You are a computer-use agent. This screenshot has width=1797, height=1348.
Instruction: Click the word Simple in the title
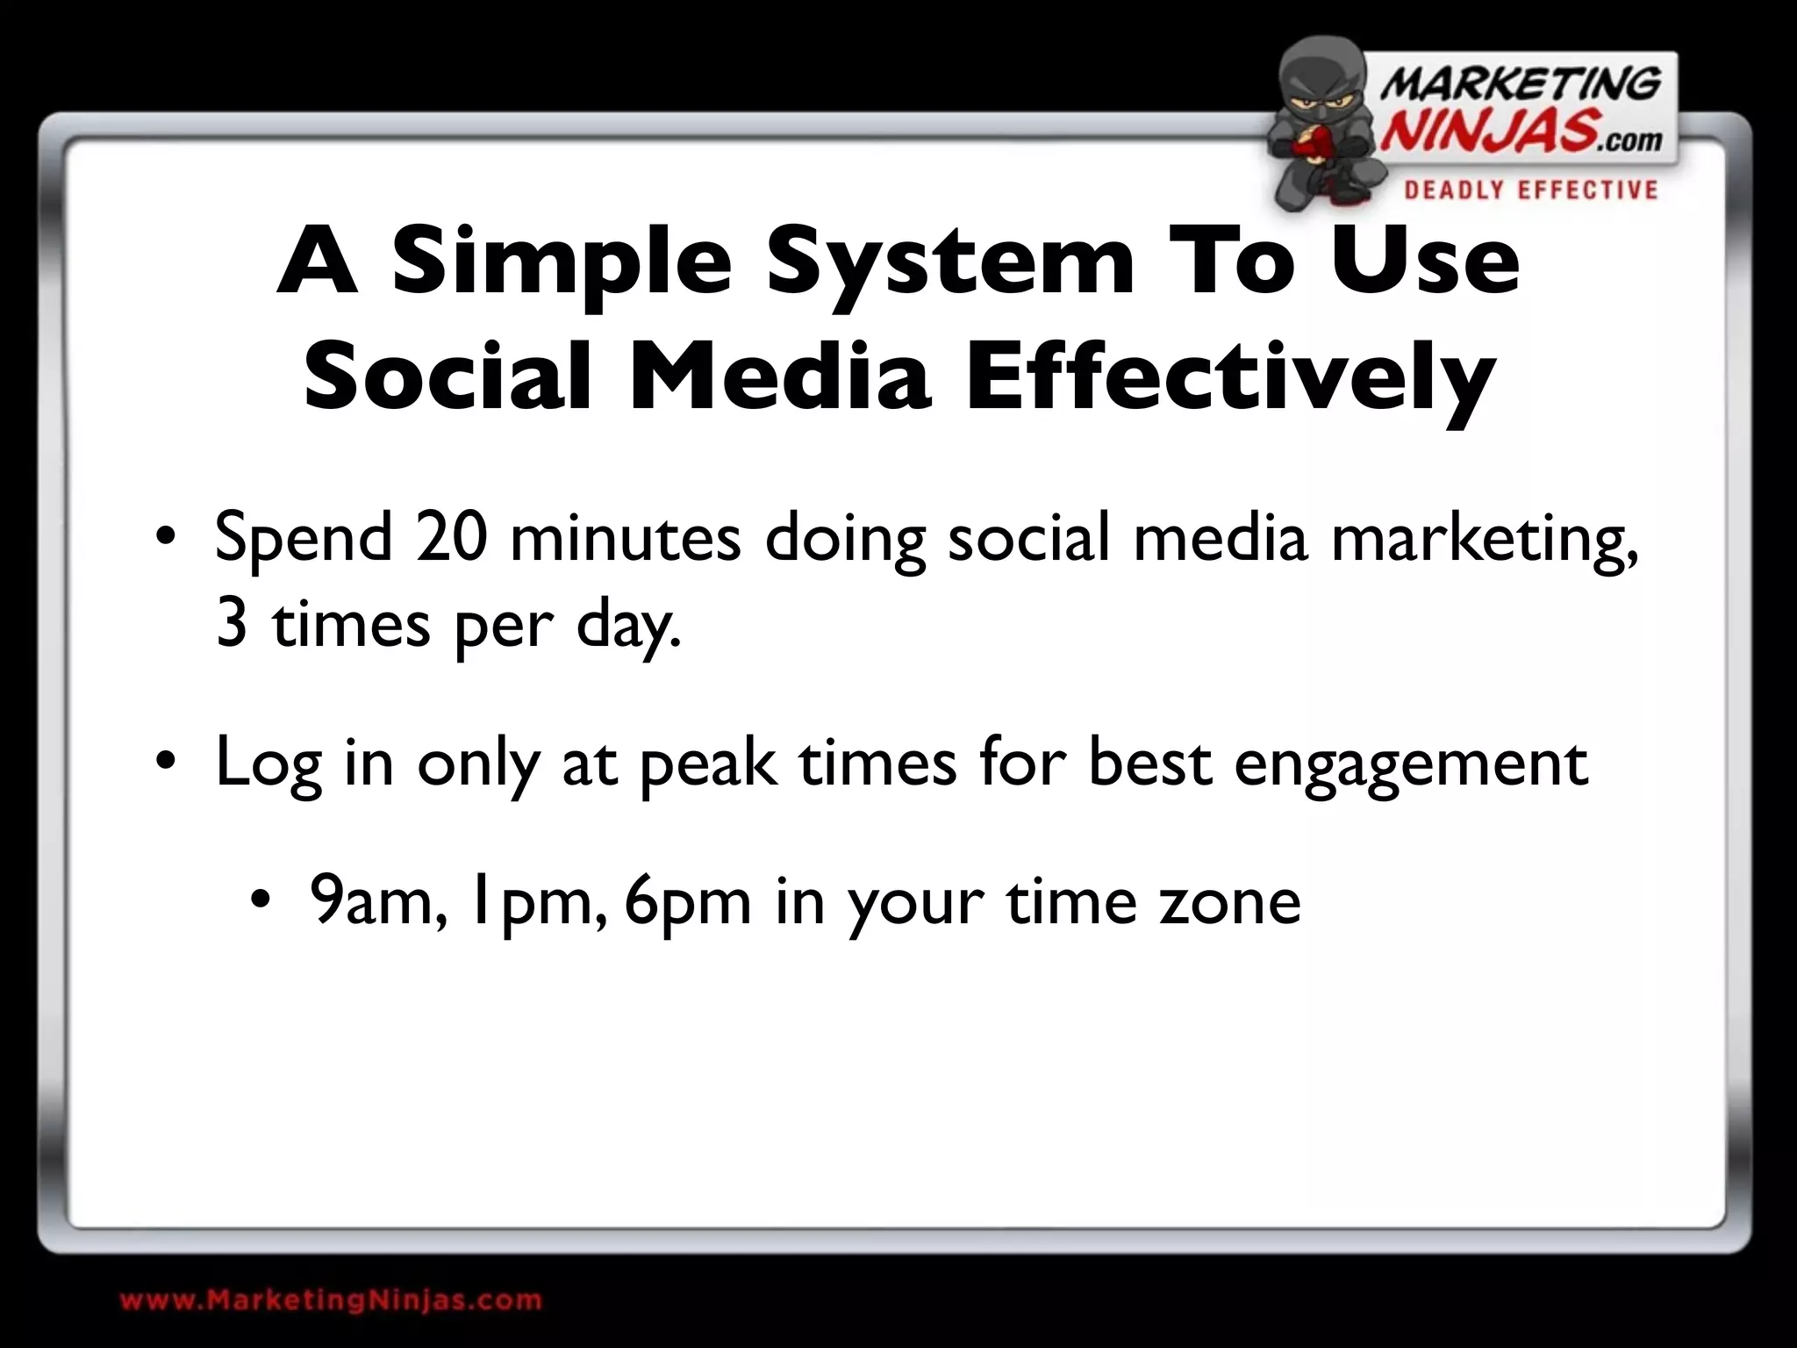point(562,262)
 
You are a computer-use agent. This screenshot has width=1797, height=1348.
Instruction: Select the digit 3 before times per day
point(232,625)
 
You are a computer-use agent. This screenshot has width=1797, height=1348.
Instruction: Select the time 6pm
point(689,902)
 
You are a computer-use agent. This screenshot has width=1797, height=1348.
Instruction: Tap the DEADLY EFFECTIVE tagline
point(1530,190)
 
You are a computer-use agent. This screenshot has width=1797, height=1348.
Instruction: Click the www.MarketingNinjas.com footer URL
point(331,1300)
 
